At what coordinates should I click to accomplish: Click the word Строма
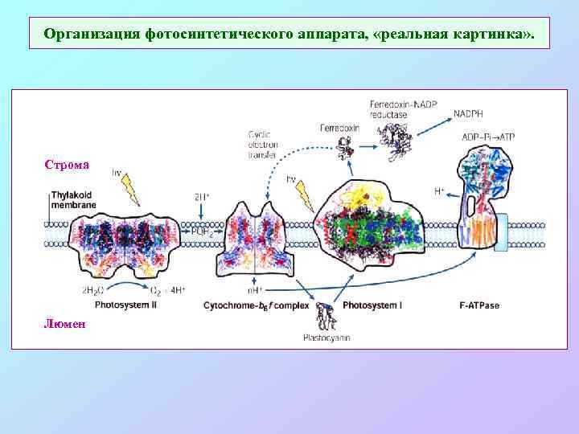(67, 166)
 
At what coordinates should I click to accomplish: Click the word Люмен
(66, 323)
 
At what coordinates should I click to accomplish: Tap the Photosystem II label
(126, 305)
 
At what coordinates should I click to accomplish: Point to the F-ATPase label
(479, 305)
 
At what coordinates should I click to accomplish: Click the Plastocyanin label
(326, 338)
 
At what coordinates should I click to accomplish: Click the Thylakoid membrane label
(73, 200)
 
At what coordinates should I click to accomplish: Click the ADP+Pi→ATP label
(488, 137)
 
